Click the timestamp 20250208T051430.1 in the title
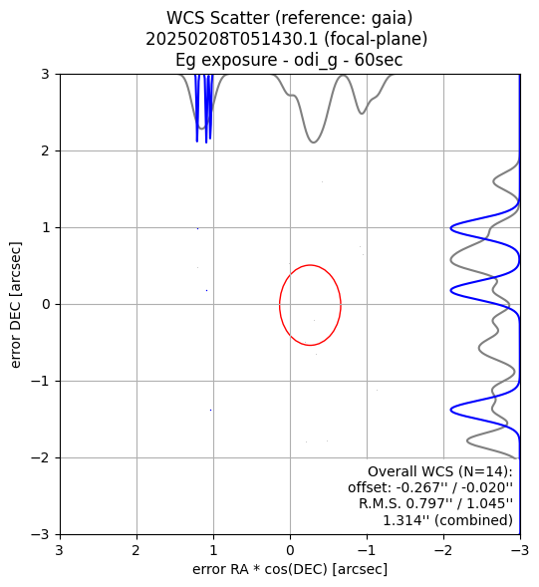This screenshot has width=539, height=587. coord(232,39)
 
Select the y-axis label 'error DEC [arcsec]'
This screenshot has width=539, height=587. coord(15,305)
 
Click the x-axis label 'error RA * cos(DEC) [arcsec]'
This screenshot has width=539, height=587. coord(290,569)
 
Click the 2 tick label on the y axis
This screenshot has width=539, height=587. coord(45,151)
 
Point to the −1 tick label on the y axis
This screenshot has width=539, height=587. coord(41,382)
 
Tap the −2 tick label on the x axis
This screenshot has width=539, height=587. coord(443,551)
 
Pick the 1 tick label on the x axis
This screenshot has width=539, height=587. coord(213,551)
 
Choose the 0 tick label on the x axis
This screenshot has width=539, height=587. coord(290,551)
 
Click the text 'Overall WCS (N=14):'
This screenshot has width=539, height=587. coord(440,471)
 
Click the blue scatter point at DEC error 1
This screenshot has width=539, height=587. coord(197,228)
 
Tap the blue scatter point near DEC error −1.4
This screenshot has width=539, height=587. coord(211,410)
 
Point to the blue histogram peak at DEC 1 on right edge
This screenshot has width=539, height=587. coord(451,227)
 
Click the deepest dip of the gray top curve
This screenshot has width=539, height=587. coord(313,143)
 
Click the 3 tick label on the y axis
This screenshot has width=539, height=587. coord(45,75)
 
